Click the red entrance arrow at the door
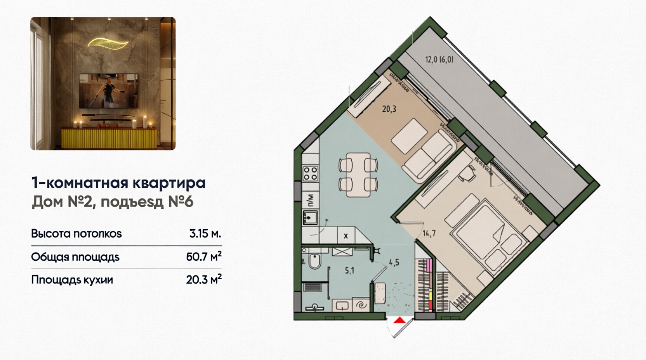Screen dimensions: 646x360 point(399,320)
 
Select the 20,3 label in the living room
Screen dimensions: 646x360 point(389,109)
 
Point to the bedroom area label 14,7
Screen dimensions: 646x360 point(429,233)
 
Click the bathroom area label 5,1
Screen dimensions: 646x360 point(349,271)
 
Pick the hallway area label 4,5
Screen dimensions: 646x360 point(394,263)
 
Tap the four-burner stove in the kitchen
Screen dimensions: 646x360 point(311,173)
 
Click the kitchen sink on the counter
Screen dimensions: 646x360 point(310,218)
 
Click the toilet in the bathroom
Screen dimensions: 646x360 point(314,261)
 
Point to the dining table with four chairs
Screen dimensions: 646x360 point(358,175)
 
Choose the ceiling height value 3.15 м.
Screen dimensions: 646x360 point(205,234)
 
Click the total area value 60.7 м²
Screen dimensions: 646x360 point(204,256)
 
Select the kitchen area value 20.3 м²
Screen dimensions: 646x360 point(204,279)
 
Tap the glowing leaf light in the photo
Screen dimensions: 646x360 point(108,43)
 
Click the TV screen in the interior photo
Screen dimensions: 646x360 point(108,91)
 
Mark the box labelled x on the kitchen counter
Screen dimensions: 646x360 point(346,236)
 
